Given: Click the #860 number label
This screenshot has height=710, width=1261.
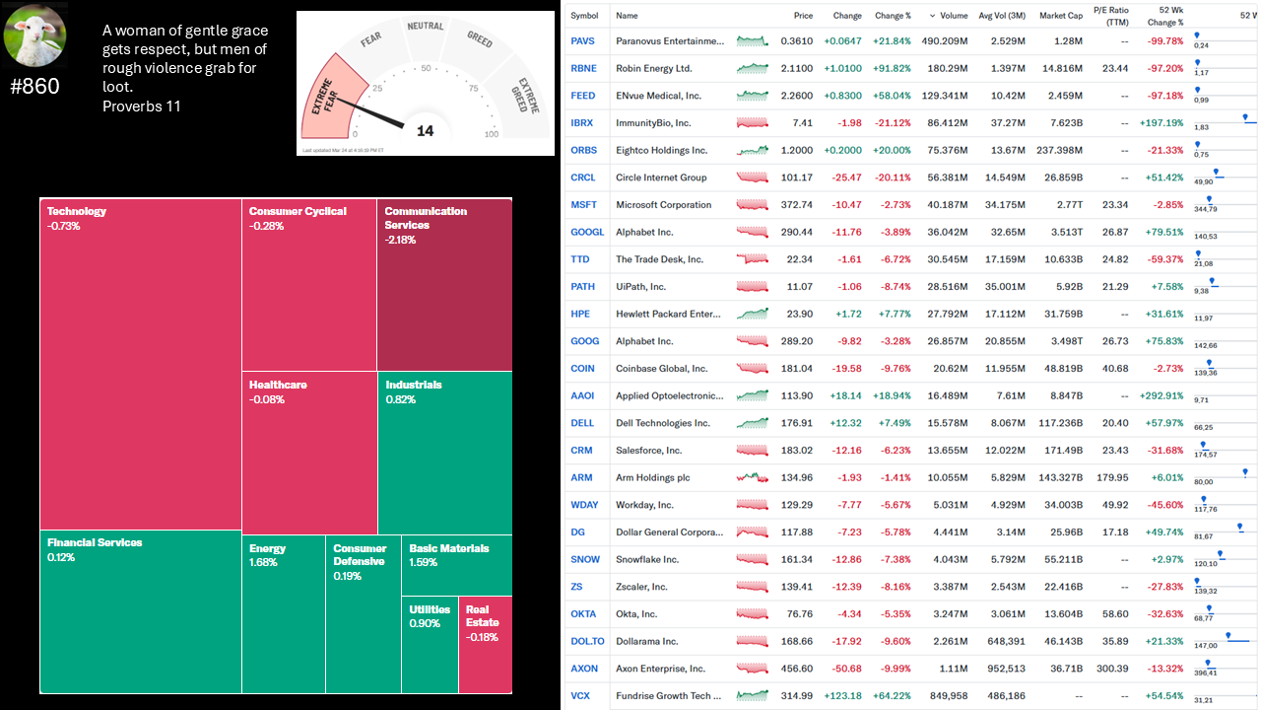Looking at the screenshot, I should (x=34, y=87).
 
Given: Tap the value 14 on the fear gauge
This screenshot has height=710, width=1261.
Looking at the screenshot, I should (x=425, y=130).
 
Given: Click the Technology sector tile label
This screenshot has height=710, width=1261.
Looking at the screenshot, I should (x=77, y=211).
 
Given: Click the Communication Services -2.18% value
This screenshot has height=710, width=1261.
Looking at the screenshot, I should (x=400, y=240).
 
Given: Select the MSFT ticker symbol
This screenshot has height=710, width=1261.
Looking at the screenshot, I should (x=584, y=205).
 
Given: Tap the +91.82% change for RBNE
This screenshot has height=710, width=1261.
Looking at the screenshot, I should (x=893, y=69).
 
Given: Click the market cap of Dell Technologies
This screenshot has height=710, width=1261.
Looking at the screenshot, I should (x=1059, y=423).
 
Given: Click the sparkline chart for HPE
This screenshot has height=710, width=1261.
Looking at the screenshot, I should (x=753, y=314).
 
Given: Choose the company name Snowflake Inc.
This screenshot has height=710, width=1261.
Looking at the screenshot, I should (x=647, y=559).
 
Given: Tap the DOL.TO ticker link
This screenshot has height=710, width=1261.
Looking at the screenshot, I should (x=587, y=641).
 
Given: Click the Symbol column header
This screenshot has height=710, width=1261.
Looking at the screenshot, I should (x=584, y=16).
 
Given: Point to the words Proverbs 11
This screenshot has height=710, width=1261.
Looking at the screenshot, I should (x=142, y=106).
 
